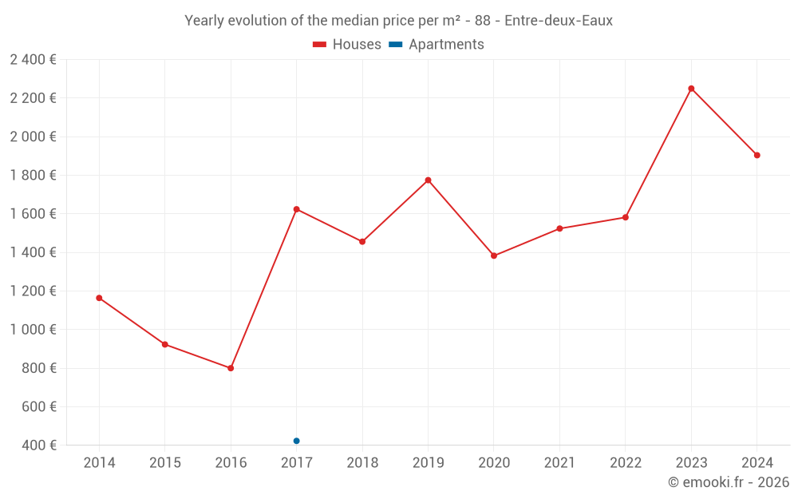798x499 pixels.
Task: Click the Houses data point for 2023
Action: tap(691, 89)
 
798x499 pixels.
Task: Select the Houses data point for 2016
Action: tap(231, 368)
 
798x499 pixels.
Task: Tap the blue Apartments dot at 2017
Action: tap(296, 441)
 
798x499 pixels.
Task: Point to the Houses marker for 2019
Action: tap(428, 180)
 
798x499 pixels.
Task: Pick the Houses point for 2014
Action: tap(99, 298)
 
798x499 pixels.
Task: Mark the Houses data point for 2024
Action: tap(757, 155)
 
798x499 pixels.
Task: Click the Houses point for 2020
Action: tap(494, 255)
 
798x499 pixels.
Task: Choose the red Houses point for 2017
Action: tap(296, 209)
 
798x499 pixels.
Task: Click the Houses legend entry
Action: tap(347, 45)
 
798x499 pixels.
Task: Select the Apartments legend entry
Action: tap(437, 45)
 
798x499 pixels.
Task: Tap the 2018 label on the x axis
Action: tap(362, 463)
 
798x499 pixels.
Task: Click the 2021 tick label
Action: tap(559, 463)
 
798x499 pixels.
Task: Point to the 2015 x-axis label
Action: tap(165, 463)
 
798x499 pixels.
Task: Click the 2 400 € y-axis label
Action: tap(33, 60)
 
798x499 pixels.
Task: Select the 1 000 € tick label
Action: tap(33, 330)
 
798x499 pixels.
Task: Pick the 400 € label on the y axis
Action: tap(38, 446)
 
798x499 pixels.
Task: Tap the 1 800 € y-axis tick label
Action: tap(33, 176)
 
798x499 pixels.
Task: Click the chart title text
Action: tap(398, 21)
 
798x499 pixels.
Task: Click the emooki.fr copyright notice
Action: tap(728, 482)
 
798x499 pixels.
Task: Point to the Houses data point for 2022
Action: tap(626, 217)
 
